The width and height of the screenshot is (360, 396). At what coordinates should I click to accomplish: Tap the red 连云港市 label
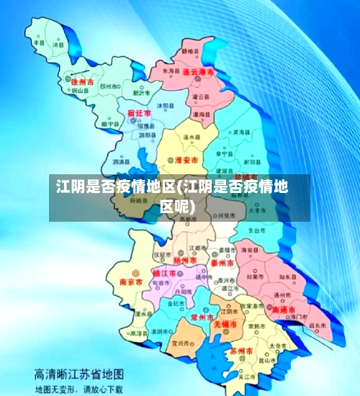point(196,73)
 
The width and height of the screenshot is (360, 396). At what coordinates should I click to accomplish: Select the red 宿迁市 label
point(139,114)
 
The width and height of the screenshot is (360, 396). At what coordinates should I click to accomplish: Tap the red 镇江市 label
point(166,274)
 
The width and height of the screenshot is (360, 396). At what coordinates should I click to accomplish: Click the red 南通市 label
point(286,307)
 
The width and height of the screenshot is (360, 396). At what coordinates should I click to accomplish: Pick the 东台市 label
point(257,230)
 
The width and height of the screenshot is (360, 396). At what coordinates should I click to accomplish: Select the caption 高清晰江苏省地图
point(79,374)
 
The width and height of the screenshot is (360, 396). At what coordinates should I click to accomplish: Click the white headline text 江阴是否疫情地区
point(114,188)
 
